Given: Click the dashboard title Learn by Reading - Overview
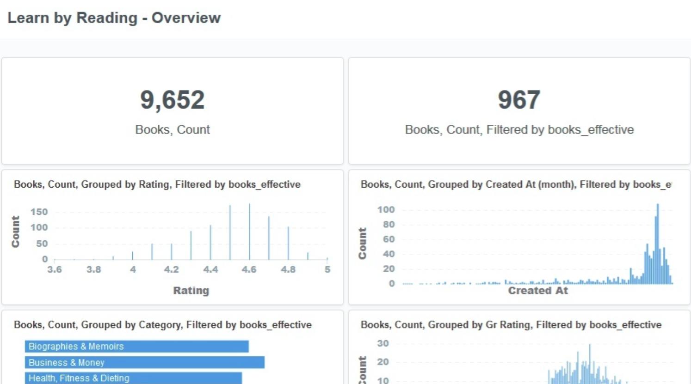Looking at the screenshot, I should [x=114, y=18].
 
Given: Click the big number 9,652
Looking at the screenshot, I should [x=172, y=100].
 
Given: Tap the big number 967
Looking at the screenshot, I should [x=519, y=100].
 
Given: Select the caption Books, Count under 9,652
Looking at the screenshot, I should [x=172, y=130].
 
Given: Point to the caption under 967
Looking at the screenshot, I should [x=519, y=130].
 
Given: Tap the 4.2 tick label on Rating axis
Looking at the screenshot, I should [x=171, y=269].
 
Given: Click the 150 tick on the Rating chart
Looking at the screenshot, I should [x=39, y=212].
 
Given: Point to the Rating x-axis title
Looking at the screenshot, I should [x=191, y=291].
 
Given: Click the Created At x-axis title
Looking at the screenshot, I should [x=538, y=291].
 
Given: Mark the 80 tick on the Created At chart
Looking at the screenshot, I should [x=389, y=225].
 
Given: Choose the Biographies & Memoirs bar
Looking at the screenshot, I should [x=136, y=347].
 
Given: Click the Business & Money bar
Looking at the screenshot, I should [x=144, y=363].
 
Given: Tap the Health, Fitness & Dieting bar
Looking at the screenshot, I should [x=133, y=378].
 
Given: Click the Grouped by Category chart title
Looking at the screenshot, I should [x=162, y=325].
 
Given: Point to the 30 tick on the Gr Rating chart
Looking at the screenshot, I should [x=383, y=344].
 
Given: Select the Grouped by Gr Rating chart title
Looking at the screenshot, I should [x=511, y=325].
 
